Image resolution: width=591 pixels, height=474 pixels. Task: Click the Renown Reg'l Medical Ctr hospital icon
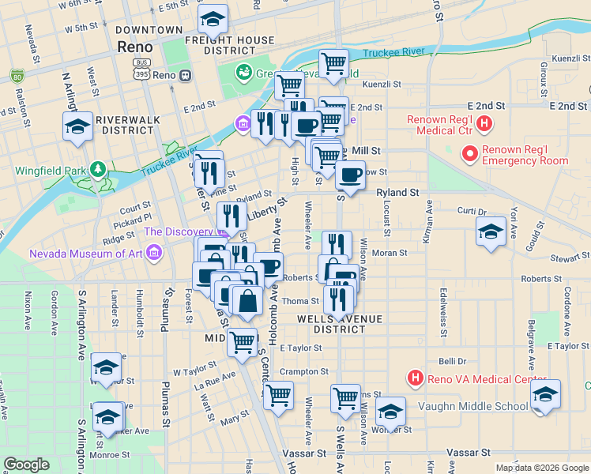tap(486, 124)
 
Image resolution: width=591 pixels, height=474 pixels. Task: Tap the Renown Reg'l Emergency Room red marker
tap(469, 153)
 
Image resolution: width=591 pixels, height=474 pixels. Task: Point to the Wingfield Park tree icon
tap(97, 169)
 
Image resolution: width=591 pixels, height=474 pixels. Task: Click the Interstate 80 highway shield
tap(17, 76)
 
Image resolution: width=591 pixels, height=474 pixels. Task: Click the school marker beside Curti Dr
tap(491, 231)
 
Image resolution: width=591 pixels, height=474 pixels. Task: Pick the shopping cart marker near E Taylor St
tap(243, 342)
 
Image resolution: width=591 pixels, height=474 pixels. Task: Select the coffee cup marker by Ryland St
tap(350, 174)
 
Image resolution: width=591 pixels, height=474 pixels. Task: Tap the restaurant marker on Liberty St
tap(232, 216)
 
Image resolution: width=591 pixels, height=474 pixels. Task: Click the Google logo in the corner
tap(26, 465)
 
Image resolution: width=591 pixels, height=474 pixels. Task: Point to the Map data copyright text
tap(541, 468)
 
